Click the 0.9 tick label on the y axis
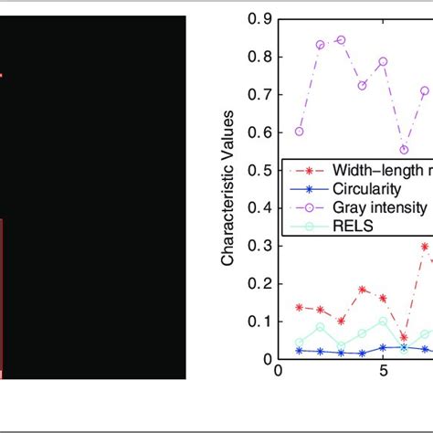261,17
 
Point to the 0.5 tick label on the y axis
261,170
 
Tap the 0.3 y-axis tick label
261,246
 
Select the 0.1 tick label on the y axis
261,322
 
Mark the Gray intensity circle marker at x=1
299,132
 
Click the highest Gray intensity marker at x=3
341,40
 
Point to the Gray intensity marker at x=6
405,150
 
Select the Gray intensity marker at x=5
383,61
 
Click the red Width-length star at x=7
425,247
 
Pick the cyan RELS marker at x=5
383,322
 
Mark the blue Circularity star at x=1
299,350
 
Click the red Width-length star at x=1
299,308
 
